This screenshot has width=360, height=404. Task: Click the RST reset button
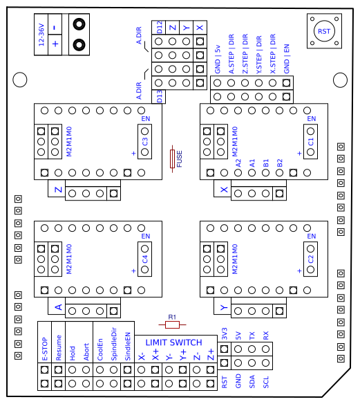323,32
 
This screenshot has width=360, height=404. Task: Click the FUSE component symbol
173,159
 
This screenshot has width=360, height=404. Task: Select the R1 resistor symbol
172,324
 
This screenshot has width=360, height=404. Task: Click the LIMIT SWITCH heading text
173,342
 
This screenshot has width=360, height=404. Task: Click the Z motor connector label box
58,189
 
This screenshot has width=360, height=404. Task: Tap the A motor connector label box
58,306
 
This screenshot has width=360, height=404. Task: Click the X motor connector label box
224,189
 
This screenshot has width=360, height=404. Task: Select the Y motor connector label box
224,306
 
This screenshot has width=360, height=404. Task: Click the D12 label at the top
160,27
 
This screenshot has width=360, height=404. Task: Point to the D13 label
160,96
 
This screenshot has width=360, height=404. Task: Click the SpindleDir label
113,344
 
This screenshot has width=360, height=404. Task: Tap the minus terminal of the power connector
55,26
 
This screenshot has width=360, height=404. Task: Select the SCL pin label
266,380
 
